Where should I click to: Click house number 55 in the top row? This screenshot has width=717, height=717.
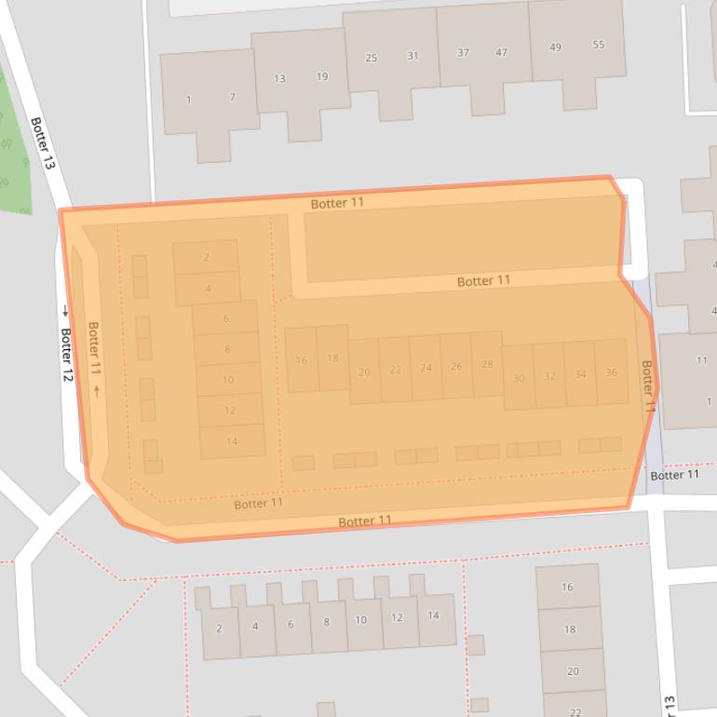point(598,45)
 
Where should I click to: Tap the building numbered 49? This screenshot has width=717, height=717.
point(556,47)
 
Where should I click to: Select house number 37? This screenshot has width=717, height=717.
point(463,53)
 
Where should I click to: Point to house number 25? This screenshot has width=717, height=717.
point(371,58)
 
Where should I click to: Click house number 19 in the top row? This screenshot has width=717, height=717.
point(322,76)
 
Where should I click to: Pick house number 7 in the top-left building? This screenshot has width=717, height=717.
point(232,97)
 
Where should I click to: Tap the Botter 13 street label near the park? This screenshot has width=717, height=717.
point(43,142)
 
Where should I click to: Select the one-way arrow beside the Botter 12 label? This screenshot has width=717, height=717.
point(65,310)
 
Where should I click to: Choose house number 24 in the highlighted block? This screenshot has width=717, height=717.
point(426,368)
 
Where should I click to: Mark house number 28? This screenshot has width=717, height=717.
point(487,364)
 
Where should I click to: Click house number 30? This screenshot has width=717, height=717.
point(519,378)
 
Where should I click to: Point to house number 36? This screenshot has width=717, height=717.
point(611,372)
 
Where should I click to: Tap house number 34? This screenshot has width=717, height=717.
point(580,374)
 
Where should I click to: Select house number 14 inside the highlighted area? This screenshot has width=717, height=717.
point(232,441)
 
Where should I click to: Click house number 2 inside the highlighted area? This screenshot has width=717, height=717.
point(206,258)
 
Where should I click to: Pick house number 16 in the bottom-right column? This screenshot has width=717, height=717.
point(567,588)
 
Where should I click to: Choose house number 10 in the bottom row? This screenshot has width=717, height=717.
point(361,620)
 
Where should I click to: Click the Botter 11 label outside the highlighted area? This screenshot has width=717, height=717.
point(674,475)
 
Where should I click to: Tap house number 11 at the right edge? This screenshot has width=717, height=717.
point(701,360)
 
